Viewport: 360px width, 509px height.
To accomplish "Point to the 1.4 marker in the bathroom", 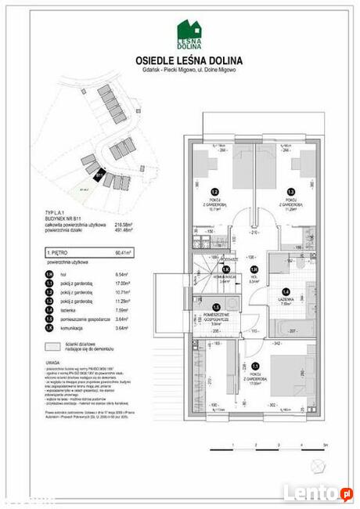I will tap(285, 292).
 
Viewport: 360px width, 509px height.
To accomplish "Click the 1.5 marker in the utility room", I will tap(216, 308).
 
